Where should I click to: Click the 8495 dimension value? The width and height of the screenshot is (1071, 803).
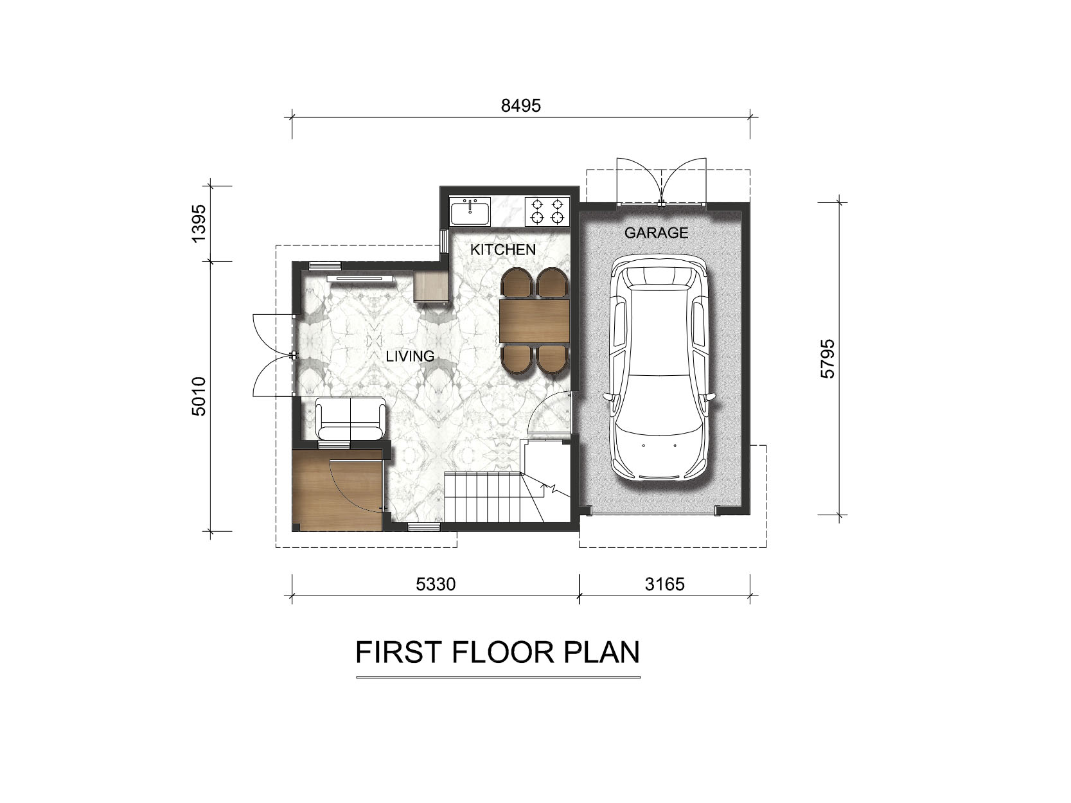[520, 106]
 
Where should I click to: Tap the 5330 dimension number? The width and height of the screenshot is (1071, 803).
[435, 584]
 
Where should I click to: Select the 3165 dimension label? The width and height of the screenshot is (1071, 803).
[664, 584]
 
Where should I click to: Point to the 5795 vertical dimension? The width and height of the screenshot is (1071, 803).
[828, 358]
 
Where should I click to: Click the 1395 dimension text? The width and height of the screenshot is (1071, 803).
[199, 223]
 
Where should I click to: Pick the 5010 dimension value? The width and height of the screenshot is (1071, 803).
[199, 396]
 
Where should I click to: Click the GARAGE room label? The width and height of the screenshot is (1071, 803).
[656, 233]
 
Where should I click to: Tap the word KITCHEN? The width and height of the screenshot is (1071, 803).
[503, 250]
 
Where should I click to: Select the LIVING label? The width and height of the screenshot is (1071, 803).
[410, 356]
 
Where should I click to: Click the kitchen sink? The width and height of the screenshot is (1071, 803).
[470, 211]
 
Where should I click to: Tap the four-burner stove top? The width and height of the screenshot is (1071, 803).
[547, 211]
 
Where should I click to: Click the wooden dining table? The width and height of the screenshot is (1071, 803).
[535, 321]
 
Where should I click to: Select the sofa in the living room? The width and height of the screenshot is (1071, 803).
[350, 419]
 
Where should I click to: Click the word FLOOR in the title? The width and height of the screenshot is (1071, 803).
[503, 652]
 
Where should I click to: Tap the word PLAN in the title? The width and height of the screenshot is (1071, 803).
[601, 652]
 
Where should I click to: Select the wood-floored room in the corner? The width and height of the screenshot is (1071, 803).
[337, 490]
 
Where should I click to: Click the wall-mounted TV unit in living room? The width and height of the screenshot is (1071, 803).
[360, 278]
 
